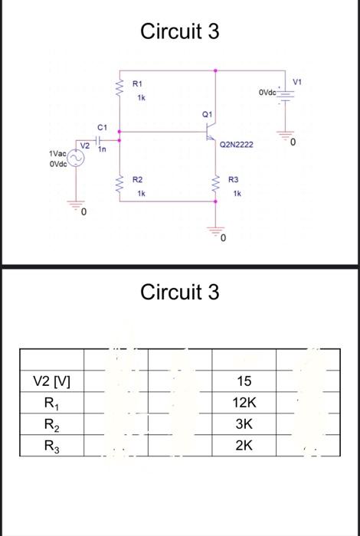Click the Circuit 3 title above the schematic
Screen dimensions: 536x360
coord(180,31)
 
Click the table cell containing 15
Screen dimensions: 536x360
coord(244,381)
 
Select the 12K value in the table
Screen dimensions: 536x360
coord(244,403)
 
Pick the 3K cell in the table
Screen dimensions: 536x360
coord(244,424)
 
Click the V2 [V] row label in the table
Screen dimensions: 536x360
coord(51,381)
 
